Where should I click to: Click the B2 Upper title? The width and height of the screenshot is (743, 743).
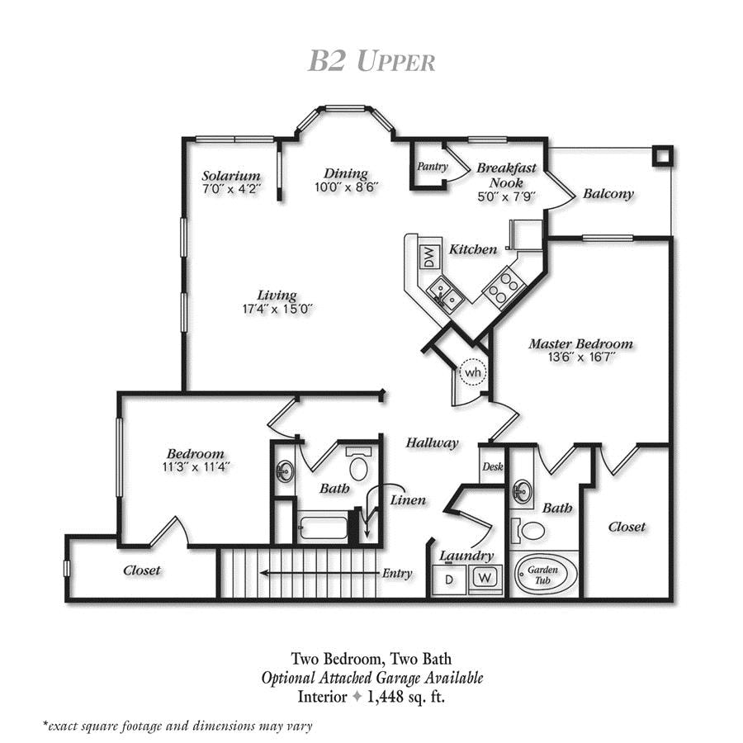point(371,61)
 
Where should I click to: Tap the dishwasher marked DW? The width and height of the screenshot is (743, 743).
point(428,258)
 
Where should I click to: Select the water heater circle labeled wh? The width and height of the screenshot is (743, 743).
point(472,372)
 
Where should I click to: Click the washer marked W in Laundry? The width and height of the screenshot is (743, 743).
point(485,578)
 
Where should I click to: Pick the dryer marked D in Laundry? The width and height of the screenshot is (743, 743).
point(449,579)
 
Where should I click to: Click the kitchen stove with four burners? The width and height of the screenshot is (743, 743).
point(504,287)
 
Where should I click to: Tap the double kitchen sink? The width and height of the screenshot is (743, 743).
point(444,294)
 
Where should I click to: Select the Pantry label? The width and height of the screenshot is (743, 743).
point(433,166)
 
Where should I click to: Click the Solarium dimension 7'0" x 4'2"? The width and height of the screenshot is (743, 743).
point(231,188)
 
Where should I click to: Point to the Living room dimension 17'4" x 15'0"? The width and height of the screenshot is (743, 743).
point(277,309)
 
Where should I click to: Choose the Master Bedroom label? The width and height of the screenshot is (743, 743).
point(581,343)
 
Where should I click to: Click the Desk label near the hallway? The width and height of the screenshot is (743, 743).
point(493,466)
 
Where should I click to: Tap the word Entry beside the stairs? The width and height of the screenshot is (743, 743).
point(397,574)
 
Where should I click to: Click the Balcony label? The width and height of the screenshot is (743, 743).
point(608,194)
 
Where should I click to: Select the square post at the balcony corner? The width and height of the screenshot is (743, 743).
point(662,156)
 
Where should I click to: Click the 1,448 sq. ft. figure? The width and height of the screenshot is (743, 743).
point(406,697)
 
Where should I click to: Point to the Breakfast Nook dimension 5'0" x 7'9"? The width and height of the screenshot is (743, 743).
point(507,196)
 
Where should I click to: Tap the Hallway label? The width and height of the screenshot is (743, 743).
point(432,443)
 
